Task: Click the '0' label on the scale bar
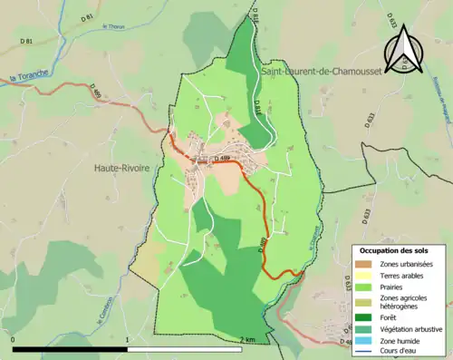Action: (14, 339)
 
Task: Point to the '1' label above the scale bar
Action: (127, 339)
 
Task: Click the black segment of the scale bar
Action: (70, 348)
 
